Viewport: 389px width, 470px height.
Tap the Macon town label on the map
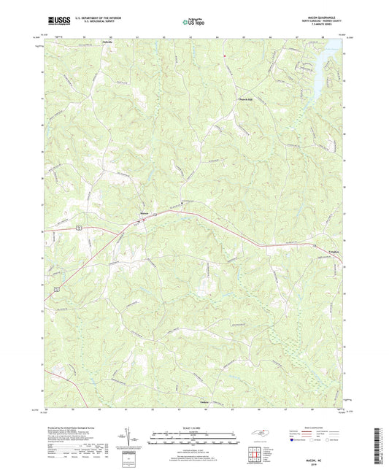coord(145,213)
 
